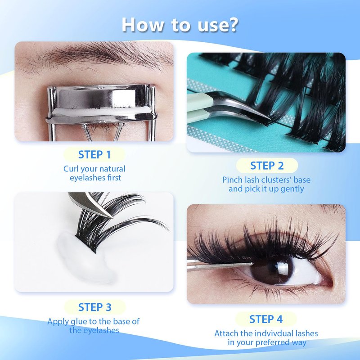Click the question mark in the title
point(231,25)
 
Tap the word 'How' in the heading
point(142,25)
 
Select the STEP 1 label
point(94,154)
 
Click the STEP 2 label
point(267,166)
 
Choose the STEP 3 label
point(94,307)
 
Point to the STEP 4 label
point(266,319)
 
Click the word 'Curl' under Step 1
point(71,169)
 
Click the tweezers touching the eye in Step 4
point(220,266)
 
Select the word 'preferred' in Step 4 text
point(270,342)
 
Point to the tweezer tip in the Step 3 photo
point(112,216)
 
